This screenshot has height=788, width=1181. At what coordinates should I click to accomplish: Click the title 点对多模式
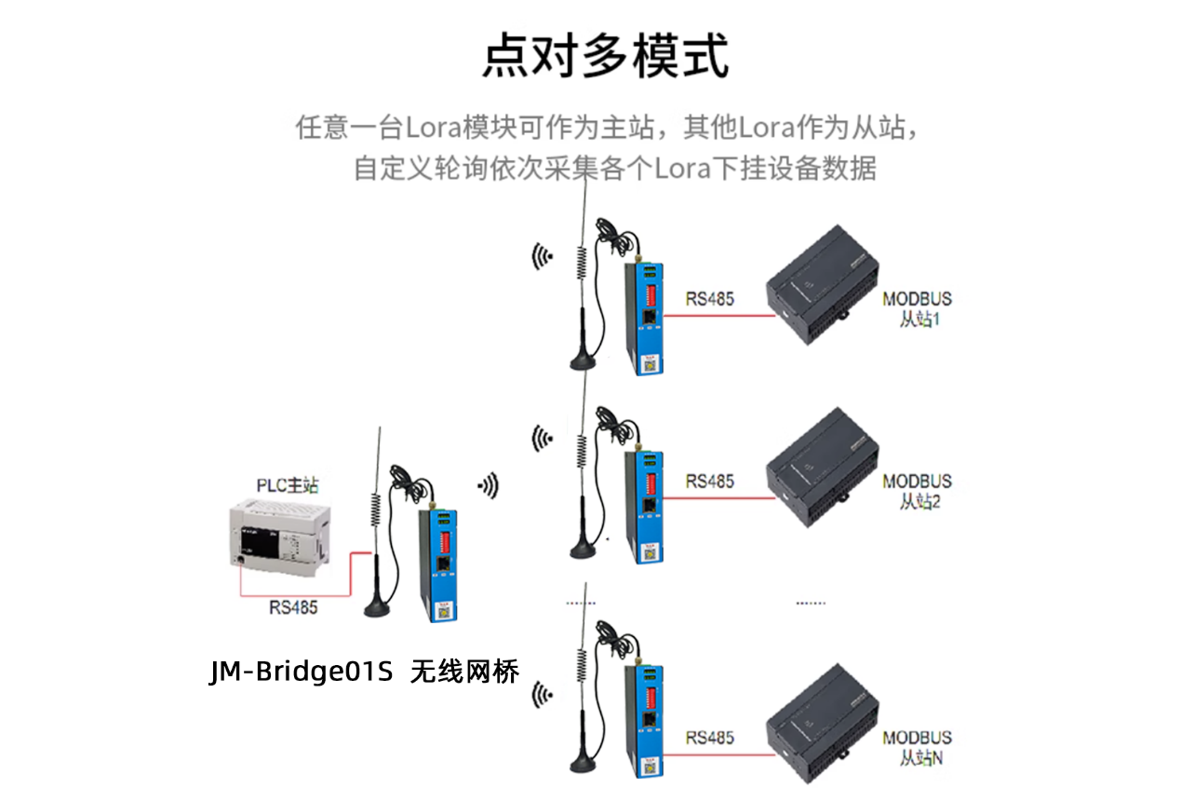(x=605, y=57)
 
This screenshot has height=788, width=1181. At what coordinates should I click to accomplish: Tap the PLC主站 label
(x=288, y=485)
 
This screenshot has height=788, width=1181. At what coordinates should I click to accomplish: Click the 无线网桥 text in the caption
(x=464, y=672)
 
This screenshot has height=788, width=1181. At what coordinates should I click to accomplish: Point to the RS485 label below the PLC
(x=293, y=607)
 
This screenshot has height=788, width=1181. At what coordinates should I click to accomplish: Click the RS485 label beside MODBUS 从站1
(x=709, y=299)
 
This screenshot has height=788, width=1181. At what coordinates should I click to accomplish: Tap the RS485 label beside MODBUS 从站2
(x=709, y=481)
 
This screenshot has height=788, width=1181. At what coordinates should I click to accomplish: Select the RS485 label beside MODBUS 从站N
(x=709, y=738)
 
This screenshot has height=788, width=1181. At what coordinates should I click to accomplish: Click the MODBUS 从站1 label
(x=917, y=309)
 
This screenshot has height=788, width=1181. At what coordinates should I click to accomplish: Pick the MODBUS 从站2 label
(x=917, y=491)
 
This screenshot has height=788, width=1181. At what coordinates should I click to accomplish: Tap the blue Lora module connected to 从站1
(x=645, y=317)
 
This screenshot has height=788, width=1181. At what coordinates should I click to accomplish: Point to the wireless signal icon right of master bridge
(x=488, y=484)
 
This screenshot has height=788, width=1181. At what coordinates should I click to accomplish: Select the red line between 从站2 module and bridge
(x=717, y=498)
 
